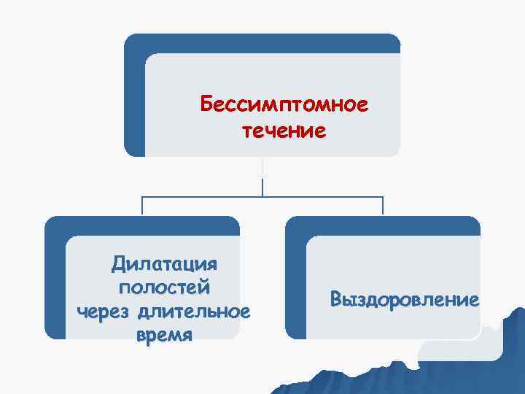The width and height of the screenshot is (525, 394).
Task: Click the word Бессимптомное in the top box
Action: [x=284, y=107]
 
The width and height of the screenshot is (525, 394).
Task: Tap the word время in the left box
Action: [x=164, y=336]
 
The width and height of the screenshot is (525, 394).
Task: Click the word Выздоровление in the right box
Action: [x=404, y=299]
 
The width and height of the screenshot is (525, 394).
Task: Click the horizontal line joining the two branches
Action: [x=262, y=196]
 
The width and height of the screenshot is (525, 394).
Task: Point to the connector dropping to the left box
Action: [x=142, y=206]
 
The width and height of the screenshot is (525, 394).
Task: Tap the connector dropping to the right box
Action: [x=384, y=206]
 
